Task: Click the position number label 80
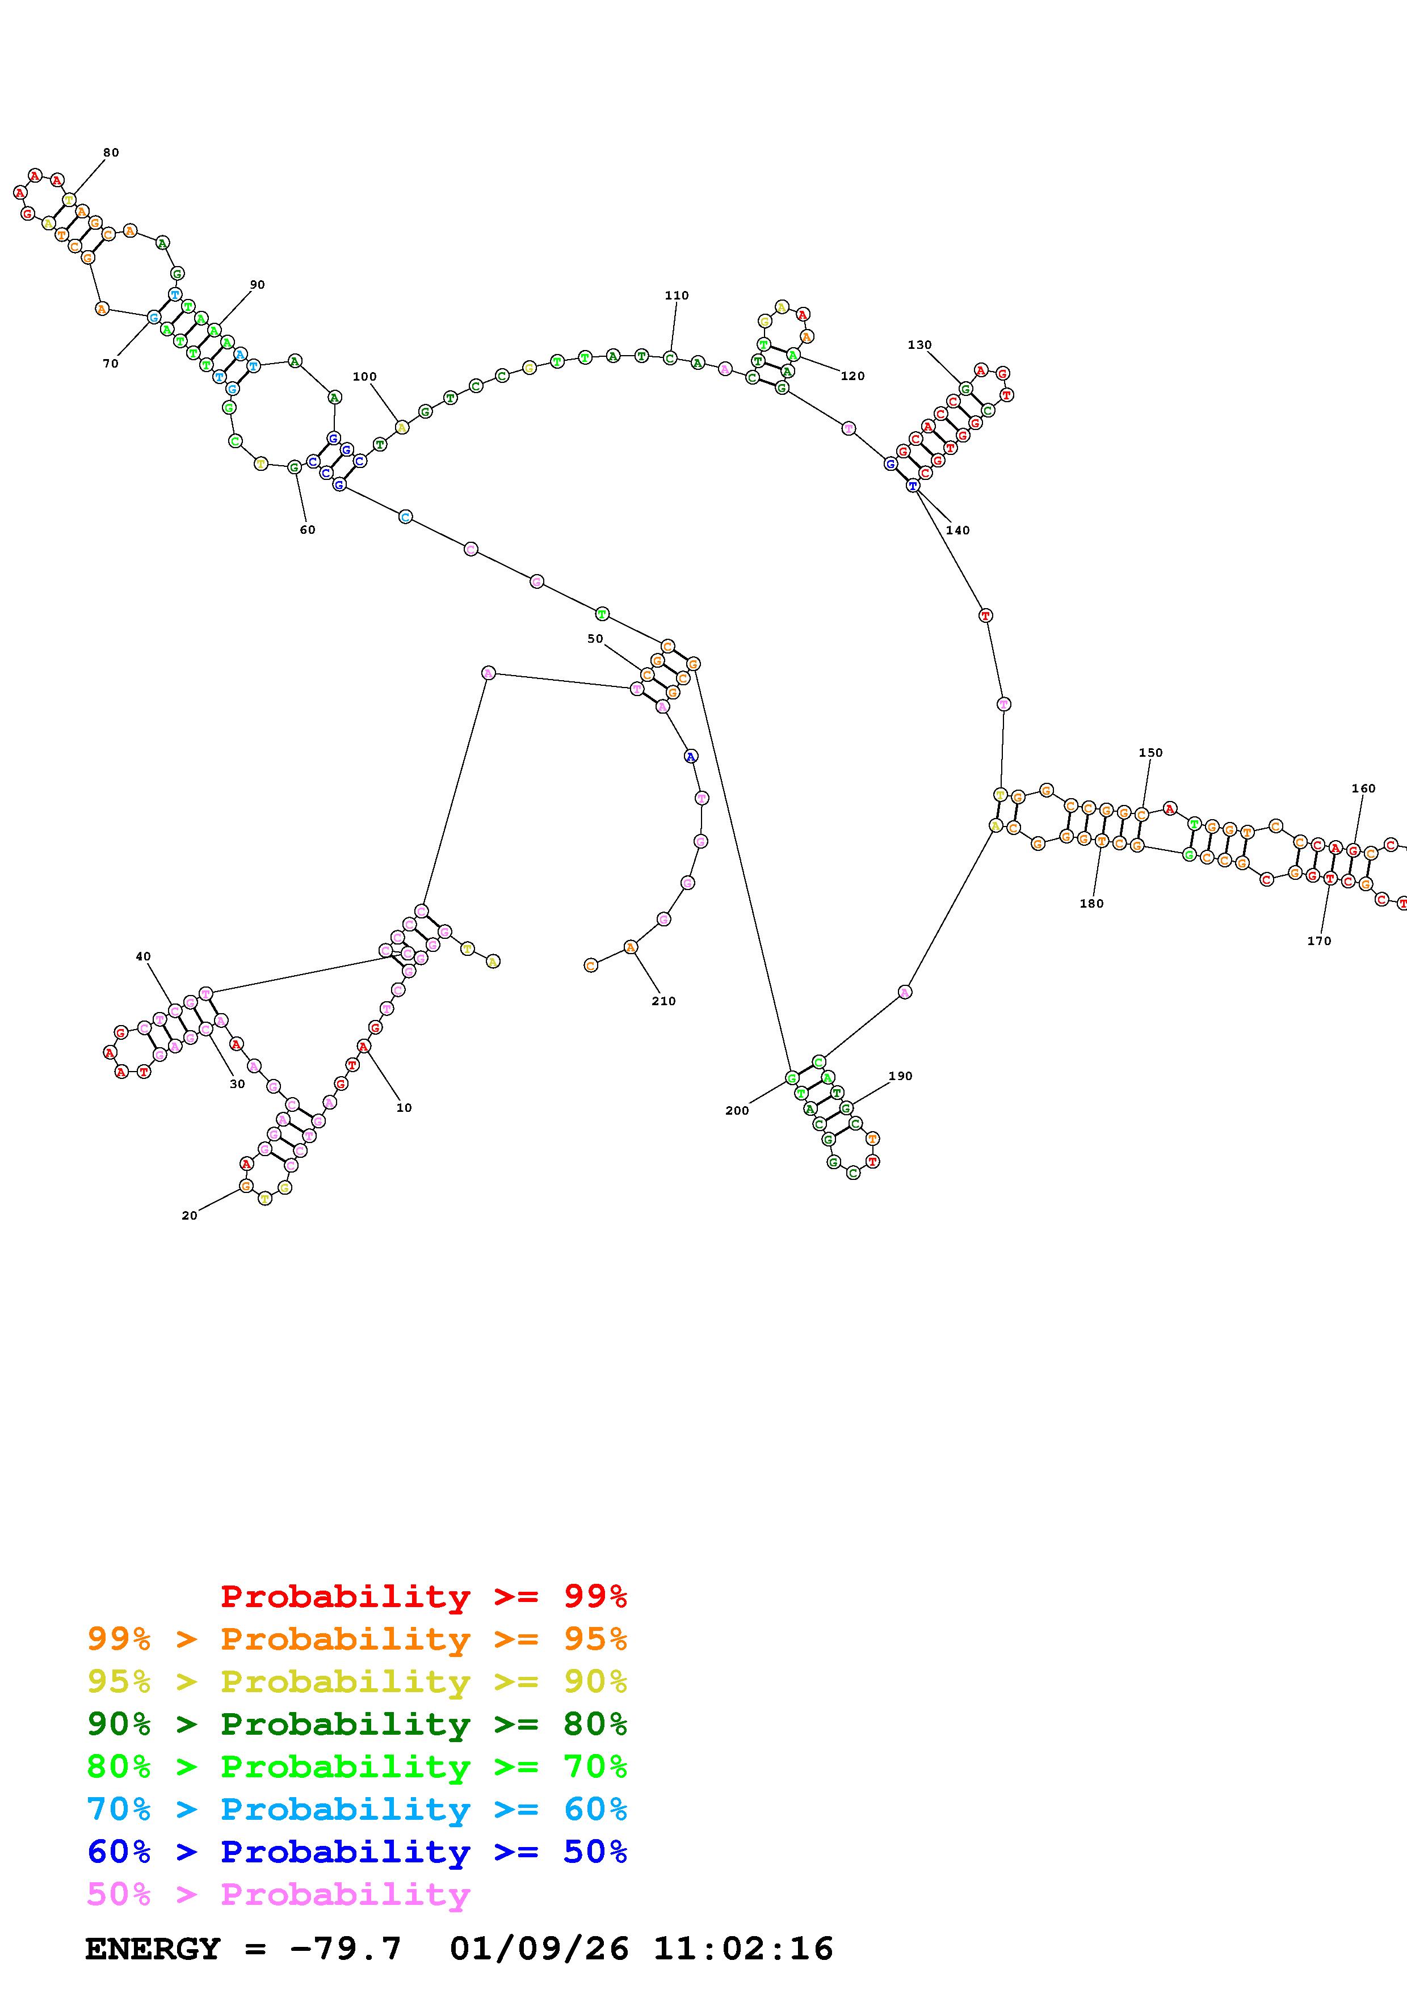111,153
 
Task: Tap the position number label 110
676,296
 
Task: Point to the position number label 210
663,1001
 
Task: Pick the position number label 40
143,957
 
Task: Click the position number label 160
1363,789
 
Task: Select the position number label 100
364,377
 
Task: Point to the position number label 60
308,530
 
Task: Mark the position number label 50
595,639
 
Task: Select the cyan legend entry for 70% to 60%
356,1809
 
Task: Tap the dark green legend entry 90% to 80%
356,1724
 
